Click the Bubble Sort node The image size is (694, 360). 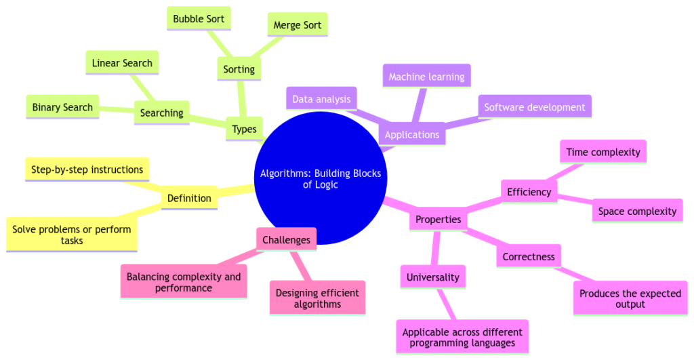point(199,18)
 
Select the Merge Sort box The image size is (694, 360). point(297,26)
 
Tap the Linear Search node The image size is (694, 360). point(123,63)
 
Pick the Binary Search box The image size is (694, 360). point(62,107)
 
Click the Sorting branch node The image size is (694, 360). point(239,69)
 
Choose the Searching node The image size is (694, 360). point(162,113)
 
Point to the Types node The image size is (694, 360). point(245,129)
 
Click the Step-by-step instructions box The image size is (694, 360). point(87,169)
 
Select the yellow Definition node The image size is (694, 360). point(189,198)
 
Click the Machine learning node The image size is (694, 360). point(427,77)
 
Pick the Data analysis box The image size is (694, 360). point(321,100)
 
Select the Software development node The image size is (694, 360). point(535,107)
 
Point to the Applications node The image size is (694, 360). point(412,134)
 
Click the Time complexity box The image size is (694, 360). point(603,152)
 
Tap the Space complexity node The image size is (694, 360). point(637,211)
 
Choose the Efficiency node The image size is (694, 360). point(529,192)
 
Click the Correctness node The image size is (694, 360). point(529,256)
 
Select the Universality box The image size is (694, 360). point(432,277)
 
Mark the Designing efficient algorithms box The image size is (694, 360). point(317,298)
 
